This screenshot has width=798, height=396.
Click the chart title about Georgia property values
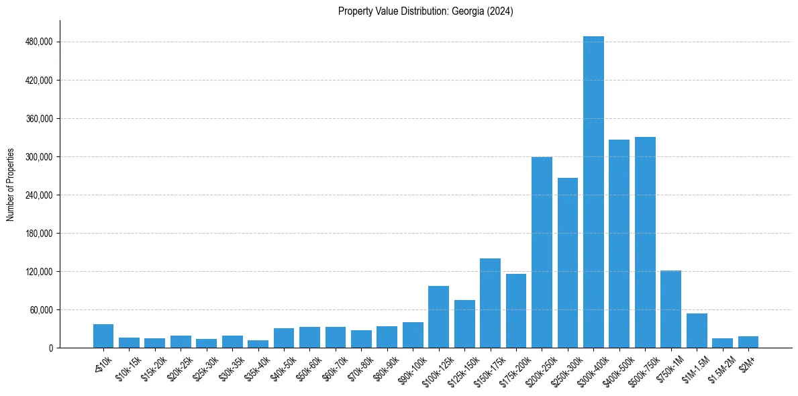click(426, 11)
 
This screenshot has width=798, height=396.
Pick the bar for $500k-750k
click(645, 242)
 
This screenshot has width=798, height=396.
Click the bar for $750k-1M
click(670, 309)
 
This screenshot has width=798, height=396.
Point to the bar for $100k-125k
click(438, 317)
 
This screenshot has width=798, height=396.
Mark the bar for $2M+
click(748, 342)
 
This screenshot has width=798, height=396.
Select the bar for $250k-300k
click(568, 263)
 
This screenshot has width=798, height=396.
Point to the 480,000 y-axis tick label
click(39, 42)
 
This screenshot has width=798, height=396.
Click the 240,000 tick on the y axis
click(39, 195)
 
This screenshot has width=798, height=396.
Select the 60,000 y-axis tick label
click(41, 310)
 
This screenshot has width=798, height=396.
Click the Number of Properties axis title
click(11, 184)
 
